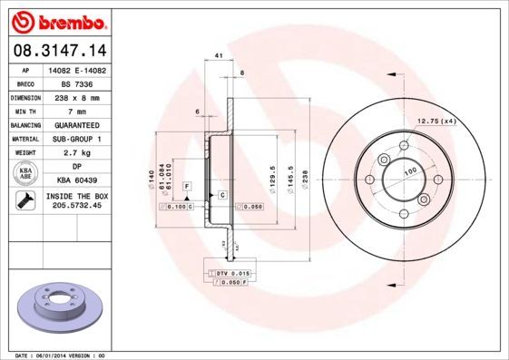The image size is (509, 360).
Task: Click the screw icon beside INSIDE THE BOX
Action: point(23,201)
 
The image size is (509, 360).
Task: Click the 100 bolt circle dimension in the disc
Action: point(410,170)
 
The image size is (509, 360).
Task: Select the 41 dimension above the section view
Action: point(220,56)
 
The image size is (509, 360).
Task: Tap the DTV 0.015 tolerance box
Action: point(231,273)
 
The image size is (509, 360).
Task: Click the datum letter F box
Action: point(185,186)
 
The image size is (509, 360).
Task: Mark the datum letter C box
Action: point(221,194)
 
